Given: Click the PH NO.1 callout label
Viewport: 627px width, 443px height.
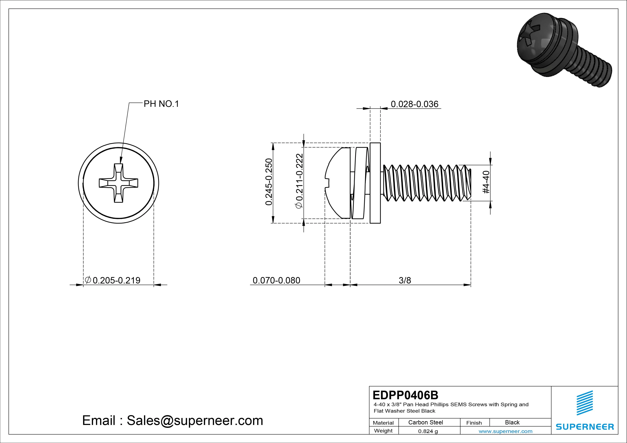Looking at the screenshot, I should [161, 104].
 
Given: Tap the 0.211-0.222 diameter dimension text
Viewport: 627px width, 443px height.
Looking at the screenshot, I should [300, 181].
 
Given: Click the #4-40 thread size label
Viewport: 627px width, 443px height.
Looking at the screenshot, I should [486, 182].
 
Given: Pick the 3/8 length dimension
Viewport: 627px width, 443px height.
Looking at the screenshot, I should [405, 280].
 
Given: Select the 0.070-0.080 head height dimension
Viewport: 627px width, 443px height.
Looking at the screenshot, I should [276, 280].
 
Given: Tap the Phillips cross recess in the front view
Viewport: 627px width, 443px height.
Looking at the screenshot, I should [119, 183].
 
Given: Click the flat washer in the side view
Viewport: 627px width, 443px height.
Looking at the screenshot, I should [375, 183].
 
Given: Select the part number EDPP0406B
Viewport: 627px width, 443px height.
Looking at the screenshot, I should [405, 395].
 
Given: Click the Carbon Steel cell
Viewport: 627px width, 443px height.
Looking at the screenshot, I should [425, 422].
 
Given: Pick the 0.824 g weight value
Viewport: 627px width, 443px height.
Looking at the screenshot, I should [428, 431].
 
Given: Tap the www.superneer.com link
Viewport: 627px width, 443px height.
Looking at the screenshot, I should [505, 431].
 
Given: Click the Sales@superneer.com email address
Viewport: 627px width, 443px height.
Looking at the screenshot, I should [195, 420].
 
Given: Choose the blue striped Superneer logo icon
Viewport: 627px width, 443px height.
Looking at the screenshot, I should [584, 403].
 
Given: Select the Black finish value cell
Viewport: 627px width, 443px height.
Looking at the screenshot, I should [512, 422].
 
